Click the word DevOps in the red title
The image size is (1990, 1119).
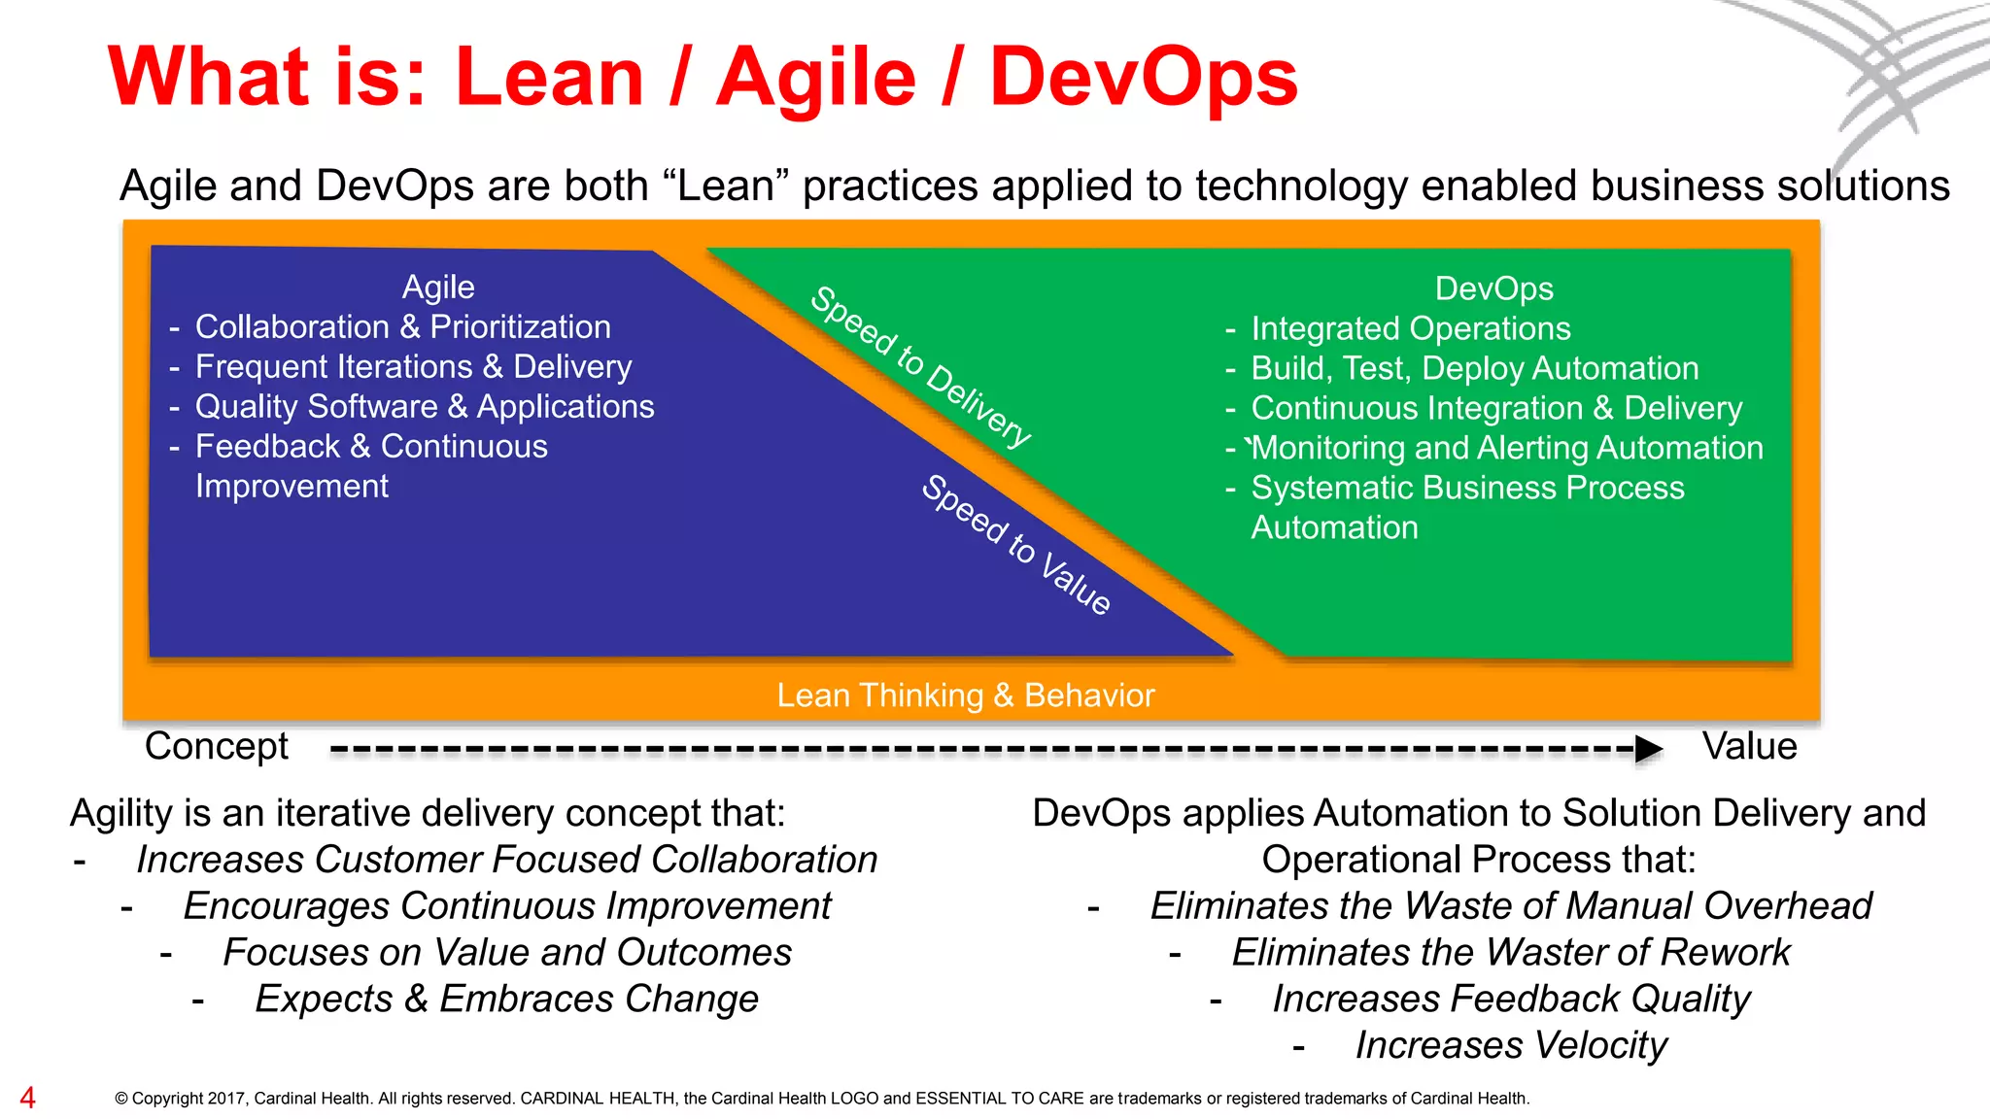(x=1143, y=78)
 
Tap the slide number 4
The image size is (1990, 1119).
(x=27, y=1098)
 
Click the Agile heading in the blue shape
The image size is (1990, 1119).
(x=438, y=287)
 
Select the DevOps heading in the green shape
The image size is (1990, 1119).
(x=1493, y=288)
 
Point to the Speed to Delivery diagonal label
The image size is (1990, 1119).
(x=920, y=367)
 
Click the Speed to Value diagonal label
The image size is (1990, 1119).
(x=1016, y=545)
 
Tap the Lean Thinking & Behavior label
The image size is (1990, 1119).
(x=965, y=695)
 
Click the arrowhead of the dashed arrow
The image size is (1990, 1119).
(x=1648, y=749)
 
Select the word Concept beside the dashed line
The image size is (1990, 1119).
(x=216, y=746)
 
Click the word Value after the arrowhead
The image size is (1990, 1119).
(x=1749, y=746)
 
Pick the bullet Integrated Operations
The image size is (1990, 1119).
(x=1410, y=328)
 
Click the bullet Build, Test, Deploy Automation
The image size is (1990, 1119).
(x=1474, y=368)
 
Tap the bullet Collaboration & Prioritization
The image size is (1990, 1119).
(x=402, y=327)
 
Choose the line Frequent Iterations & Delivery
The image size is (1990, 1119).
(x=413, y=367)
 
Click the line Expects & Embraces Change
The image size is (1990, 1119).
(x=506, y=999)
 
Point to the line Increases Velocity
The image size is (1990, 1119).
(x=1511, y=1045)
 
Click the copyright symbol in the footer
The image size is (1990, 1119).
(x=121, y=1099)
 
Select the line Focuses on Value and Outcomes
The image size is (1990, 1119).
(x=507, y=952)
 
